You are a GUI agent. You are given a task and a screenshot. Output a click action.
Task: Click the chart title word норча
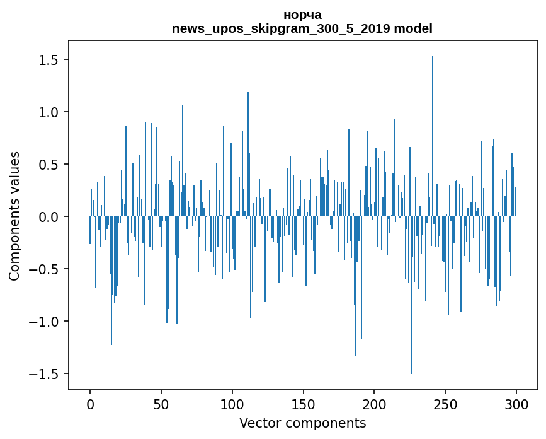(302, 15)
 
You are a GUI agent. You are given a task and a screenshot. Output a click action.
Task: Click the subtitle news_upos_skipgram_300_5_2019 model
(302, 28)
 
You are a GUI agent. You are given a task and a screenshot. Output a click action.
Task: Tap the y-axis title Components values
(14, 216)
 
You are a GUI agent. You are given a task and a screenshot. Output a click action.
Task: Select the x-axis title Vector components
(302, 423)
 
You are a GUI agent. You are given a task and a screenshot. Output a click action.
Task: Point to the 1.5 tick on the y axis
(50, 60)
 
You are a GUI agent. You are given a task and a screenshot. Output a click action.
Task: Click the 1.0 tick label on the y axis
(50, 112)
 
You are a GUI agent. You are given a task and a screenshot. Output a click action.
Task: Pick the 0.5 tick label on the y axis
(50, 165)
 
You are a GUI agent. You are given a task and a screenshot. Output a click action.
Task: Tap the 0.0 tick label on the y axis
(50, 217)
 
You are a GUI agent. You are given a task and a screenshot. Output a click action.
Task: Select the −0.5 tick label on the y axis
(46, 269)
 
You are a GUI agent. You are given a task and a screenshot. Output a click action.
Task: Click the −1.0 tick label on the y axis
(46, 322)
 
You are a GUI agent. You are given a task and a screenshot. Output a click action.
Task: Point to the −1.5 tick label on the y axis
(46, 374)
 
